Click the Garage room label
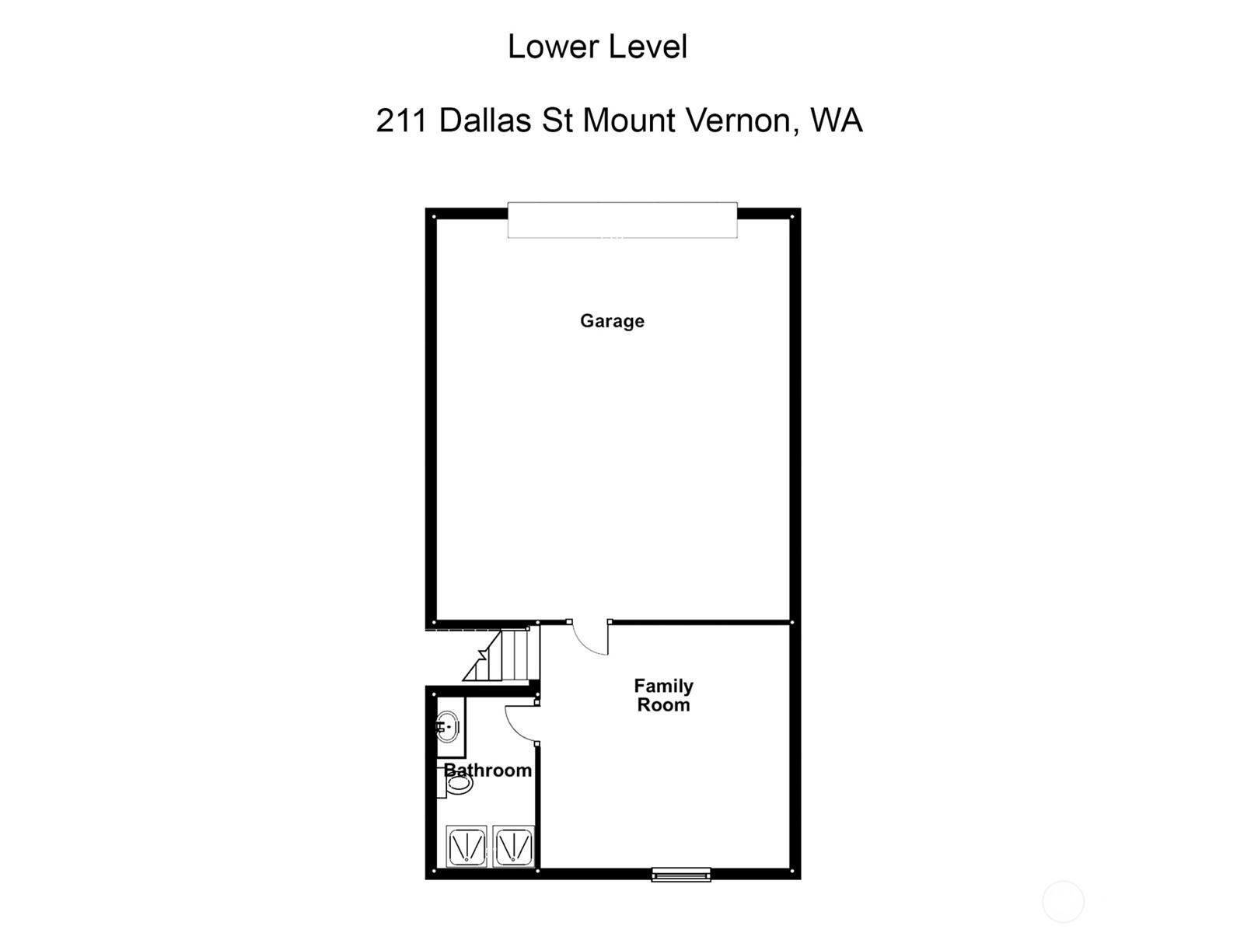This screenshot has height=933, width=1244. point(612,321)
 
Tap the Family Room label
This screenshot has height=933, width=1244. point(663,695)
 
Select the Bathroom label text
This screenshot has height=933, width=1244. point(487,770)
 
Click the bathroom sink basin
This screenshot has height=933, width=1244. point(447,727)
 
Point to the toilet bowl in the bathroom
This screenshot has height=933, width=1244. point(459,784)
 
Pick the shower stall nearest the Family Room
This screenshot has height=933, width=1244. point(513,847)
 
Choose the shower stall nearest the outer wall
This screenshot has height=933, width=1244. point(466,847)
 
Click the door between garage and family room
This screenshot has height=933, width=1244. point(590,638)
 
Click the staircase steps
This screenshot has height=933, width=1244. point(501,655)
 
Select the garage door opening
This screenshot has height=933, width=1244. point(622,220)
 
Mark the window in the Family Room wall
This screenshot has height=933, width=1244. point(680,875)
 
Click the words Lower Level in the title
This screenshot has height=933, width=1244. point(597,47)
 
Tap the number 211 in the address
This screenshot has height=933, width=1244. point(400,120)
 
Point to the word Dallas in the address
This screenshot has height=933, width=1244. point(485,120)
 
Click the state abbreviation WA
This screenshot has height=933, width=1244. point(837,120)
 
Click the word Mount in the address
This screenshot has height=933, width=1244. point(629,120)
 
